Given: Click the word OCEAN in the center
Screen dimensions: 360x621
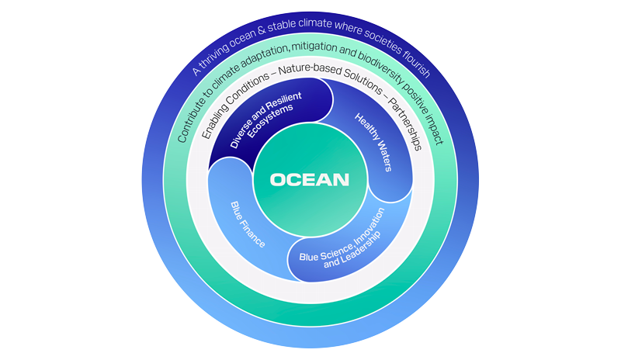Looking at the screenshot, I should click(310, 180).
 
